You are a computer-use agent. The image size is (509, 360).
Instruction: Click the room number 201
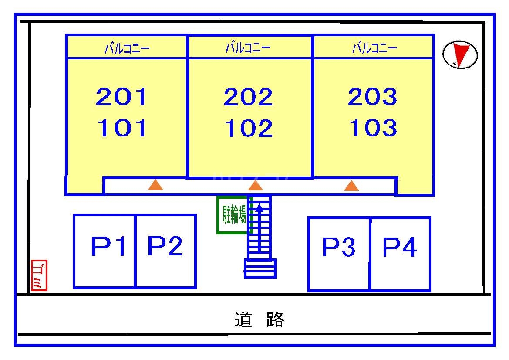tap(121, 97)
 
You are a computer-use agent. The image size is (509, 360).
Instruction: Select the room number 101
tap(121, 128)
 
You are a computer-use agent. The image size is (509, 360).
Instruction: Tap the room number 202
tap(248, 97)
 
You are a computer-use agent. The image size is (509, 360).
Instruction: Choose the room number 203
tap(373, 97)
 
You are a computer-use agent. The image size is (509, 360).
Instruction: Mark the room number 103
tap(373, 128)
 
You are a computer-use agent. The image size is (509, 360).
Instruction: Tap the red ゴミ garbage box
tap(39, 275)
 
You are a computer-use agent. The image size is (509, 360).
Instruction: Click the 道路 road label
tap(260, 320)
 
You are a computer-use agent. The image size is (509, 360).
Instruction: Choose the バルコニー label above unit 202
tap(248, 48)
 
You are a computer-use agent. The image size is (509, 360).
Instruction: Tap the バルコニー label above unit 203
tap(374, 48)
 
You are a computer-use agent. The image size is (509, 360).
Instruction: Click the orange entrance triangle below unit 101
tap(155, 185)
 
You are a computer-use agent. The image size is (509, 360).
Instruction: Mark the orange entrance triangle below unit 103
tap(351, 186)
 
